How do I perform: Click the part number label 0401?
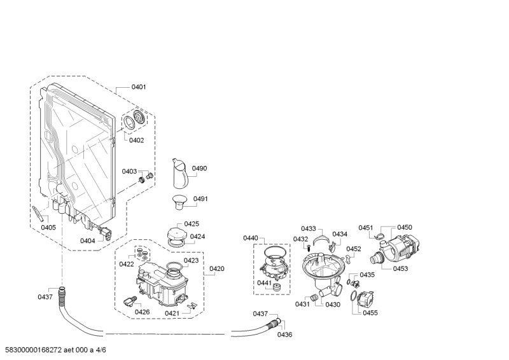(x=139, y=87)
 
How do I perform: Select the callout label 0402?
(x=136, y=140)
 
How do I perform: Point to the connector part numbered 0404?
(x=105, y=233)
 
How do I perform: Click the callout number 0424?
(x=197, y=237)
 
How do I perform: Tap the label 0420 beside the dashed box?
(x=217, y=268)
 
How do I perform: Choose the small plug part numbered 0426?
(x=130, y=301)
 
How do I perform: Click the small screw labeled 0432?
(x=309, y=247)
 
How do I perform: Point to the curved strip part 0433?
(x=321, y=239)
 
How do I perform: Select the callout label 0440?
(x=251, y=238)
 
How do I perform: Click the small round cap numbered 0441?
(x=277, y=287)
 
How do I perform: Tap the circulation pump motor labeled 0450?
(x=403, y=248)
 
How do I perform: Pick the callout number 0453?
(x=400, y=268)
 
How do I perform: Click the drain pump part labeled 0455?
(x=365, y=298)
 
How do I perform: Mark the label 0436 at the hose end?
(x=284, y=335)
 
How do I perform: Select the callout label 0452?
(x=354, y=249)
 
